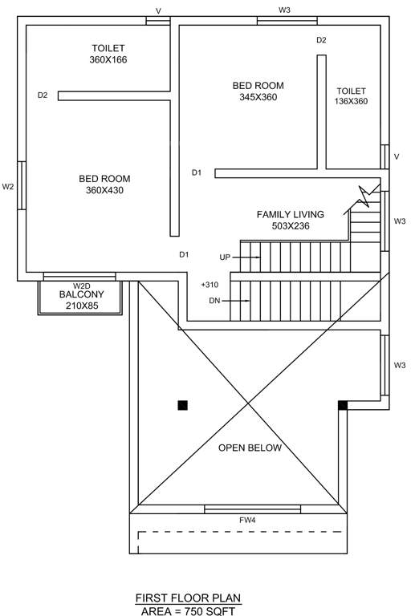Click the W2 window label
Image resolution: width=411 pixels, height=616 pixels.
(8, 187)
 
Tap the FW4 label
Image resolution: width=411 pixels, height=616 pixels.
(247, 521)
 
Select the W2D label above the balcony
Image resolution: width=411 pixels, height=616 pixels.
(81, 286)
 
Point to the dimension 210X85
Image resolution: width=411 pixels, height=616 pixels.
(81, 306)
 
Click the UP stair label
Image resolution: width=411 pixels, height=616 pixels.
(226, 257)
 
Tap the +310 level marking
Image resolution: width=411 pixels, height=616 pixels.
(210, 285)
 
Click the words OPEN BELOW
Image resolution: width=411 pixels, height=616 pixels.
(250, 448)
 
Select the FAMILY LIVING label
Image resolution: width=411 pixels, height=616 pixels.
(290, 214)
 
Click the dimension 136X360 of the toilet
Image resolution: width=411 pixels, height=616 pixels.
(351, 101)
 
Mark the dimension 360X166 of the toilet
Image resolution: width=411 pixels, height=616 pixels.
(108, 59)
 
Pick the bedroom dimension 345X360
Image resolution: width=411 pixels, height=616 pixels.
(258, 96)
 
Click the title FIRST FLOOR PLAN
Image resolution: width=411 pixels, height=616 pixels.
(187, 598)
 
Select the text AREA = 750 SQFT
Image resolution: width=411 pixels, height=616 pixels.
(187, 610)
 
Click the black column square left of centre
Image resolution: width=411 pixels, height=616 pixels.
(183, 405)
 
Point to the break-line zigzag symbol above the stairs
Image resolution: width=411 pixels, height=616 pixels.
(366, 192)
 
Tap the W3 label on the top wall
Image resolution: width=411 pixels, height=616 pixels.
(284, 10)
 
